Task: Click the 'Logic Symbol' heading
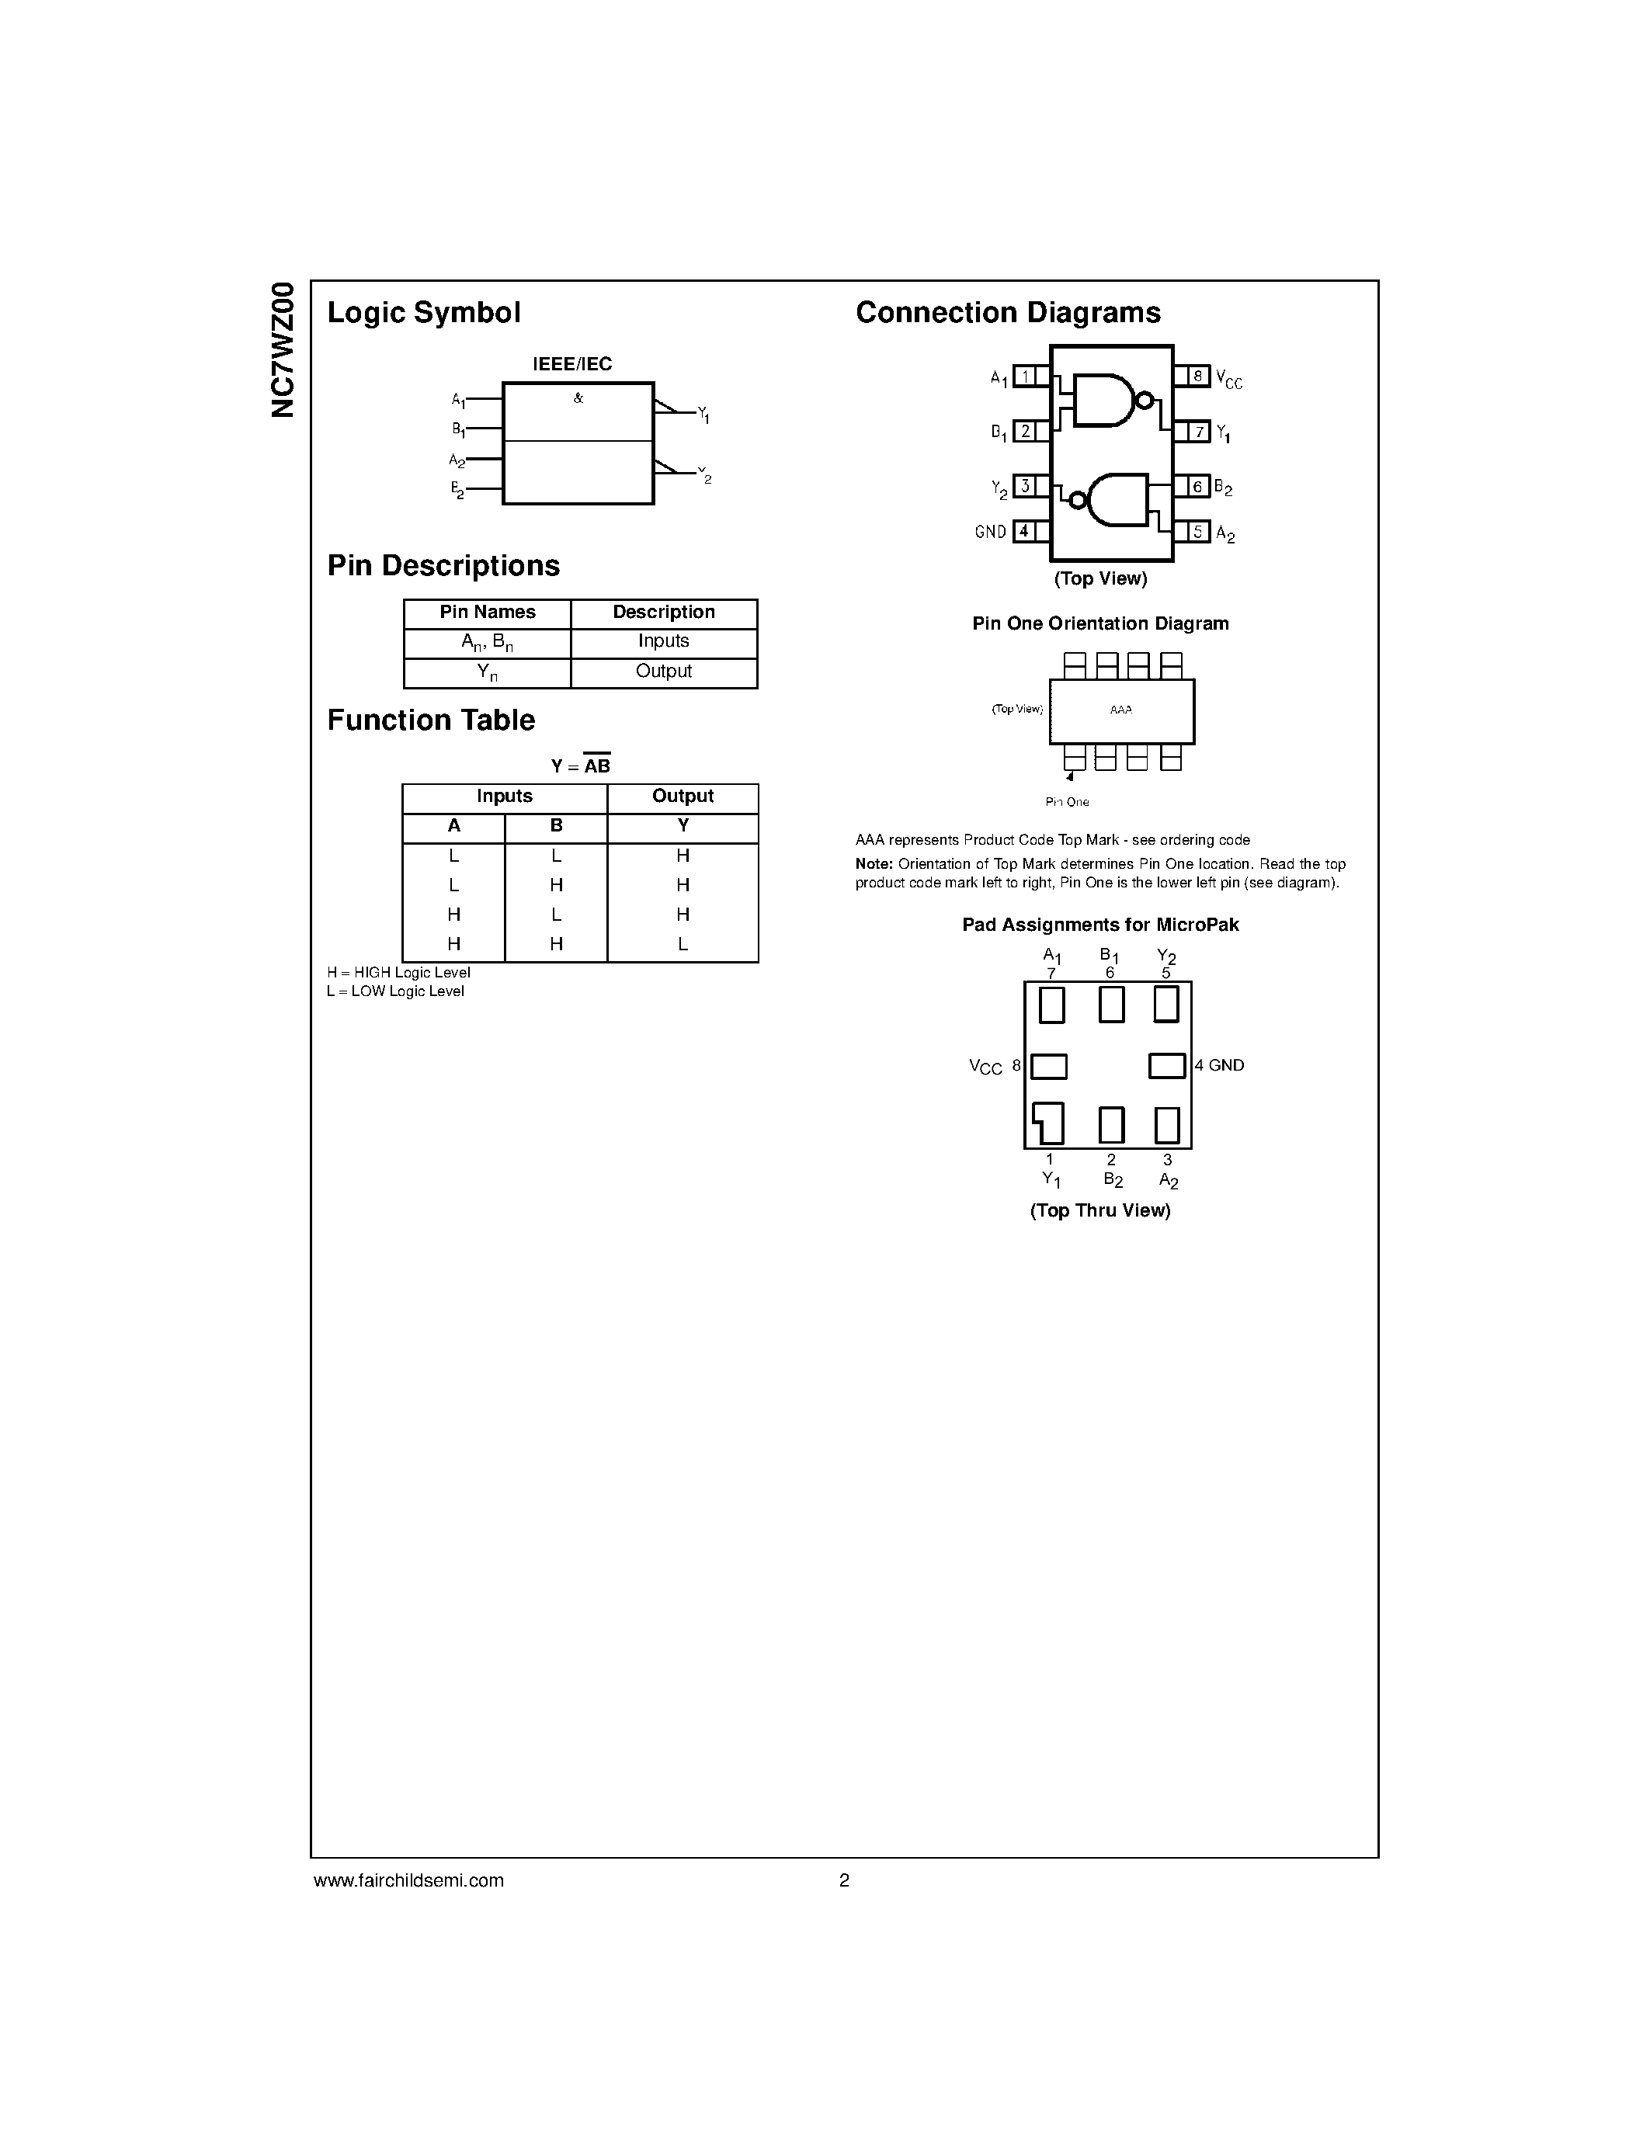pyautogui.click(x=423, y=313)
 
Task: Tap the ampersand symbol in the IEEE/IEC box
pyautogui.click(x=578, y=397)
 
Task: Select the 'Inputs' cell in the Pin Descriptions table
pyautogui.click(x=663, y=641)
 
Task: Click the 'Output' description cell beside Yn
pyautogui.click(x=663, y=672)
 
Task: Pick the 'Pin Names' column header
pyautogui.click(x=487, y=612)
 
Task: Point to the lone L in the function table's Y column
pyautogui.click(x=683, y=944)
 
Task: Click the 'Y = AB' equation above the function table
pyautogui.click(x=581, y=766)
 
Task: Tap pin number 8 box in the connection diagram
pyautogui.click(x=1197, y=376)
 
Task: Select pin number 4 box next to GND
pyautogui.click(x=1024, y=532)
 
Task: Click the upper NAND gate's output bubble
pyautogui.click(x=1144, y=400)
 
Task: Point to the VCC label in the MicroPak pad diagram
pyautogui.click(x=985, y=1067)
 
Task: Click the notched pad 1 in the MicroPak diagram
pyautogui.click(x=1050, y=1123)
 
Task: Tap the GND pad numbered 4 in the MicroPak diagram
pyautogui.click(x=1166, y=1065)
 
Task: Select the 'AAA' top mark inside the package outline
pyautogui.click(x=1121, y=710)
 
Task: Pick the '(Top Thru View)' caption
pyautogui.click(x=1099, y=1211)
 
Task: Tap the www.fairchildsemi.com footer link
pyautogui.click(x=408, y=1880)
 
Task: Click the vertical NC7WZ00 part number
pyautogui.click(x=283, y=349)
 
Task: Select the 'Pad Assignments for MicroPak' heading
pyautogui.click(x=1099, y=925)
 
